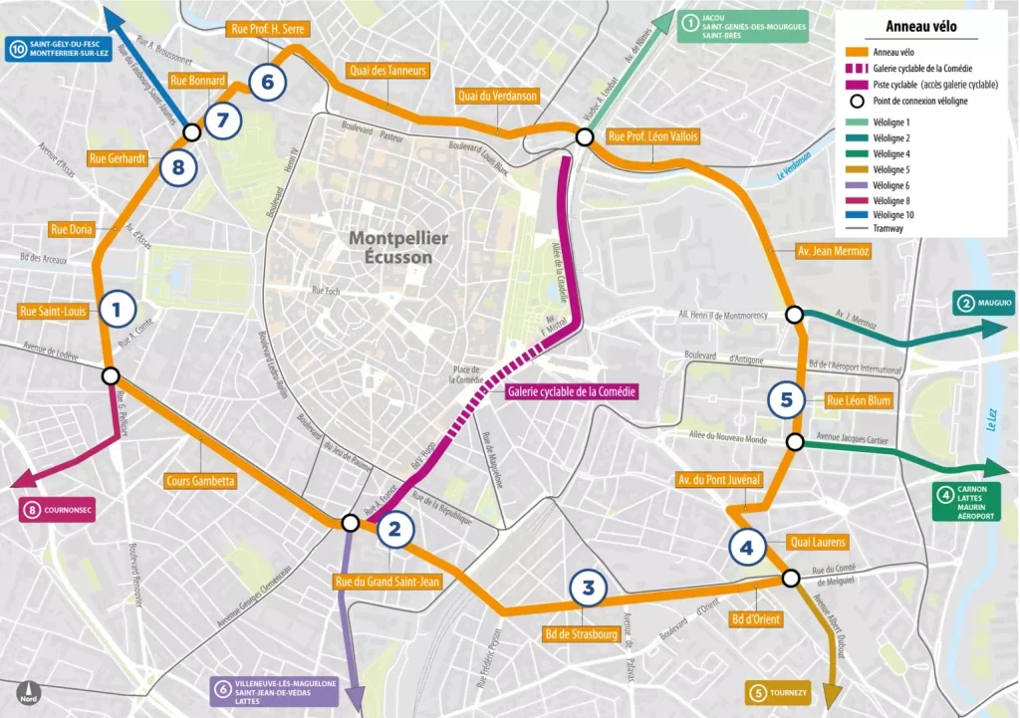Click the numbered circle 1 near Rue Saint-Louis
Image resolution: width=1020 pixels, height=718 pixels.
(x=118, y=310)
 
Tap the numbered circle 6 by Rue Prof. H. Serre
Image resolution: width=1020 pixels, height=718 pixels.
(x=268, y=82)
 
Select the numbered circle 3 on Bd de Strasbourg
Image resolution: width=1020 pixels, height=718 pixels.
(x=589, y=588)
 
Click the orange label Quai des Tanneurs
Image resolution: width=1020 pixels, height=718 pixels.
(x=388, y=70)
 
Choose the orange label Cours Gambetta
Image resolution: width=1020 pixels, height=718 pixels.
(x=201, y=481)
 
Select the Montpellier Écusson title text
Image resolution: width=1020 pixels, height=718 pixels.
(x=398, y=247)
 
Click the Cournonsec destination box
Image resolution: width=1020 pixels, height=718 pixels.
(x=58, y=510)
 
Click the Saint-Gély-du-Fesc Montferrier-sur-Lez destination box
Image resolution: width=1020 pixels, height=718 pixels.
(x=59, y=50)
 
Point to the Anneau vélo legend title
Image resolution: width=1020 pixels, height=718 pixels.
(x=920, y=29)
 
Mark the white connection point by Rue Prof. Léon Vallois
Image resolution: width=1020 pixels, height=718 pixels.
(x=585, y=137)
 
